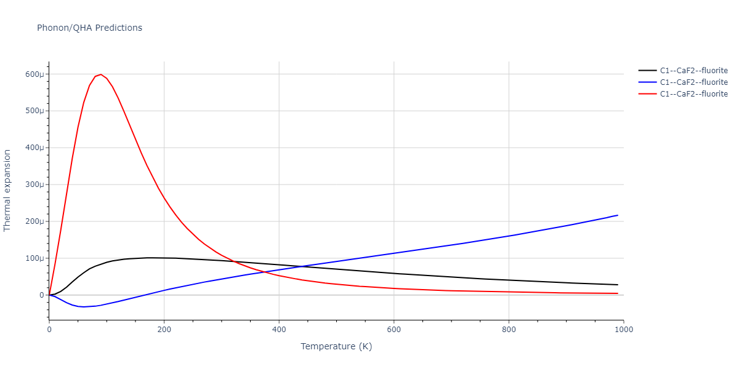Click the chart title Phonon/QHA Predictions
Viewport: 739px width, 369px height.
click(89, 28)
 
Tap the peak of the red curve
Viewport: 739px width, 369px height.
click(100, 74)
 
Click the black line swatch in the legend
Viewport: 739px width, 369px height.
click(647, 71)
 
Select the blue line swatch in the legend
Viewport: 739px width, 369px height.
click(647, 82)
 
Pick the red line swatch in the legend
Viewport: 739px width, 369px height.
click(647, 94)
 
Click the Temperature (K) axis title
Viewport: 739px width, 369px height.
click(336, 347)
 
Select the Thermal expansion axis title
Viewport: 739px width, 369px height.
click(7, 190)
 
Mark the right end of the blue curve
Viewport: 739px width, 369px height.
click(618, 215)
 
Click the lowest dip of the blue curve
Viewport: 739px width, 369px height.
click(83, 307)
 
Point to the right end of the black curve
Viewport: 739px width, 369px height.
click(618, 285)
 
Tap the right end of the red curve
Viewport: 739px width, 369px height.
click(618, 293)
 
